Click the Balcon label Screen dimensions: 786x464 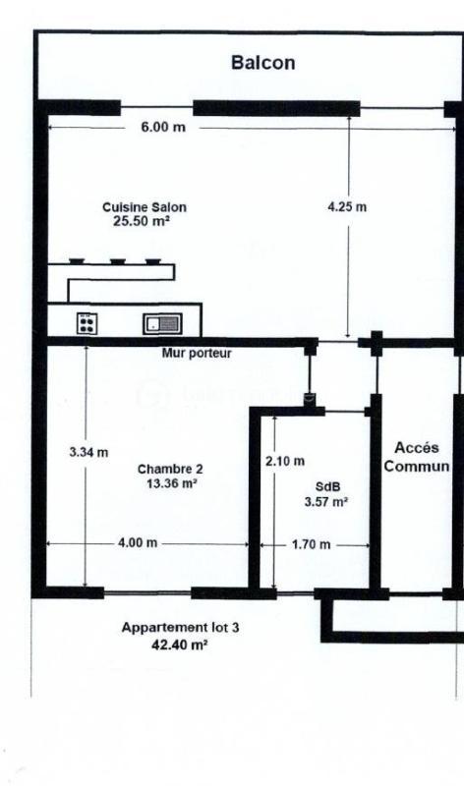(x=262, y=63)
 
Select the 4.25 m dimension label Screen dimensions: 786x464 (x=347, y=207)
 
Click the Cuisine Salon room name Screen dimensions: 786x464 (x=144, y=207)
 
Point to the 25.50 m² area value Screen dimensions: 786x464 (x=144, y=222)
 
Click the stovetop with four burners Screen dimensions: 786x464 (x=87, y=322)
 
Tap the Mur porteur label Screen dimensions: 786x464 (x=197, y=354)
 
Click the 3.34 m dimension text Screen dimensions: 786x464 (x=88, y=453)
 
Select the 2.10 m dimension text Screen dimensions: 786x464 (x=285, y=461)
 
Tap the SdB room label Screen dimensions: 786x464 (x=325, y=486)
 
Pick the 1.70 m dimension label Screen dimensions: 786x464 (x=312, y=544)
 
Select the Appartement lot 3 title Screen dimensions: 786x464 (x=180, y=628)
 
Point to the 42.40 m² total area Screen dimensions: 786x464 (x=180, y=646)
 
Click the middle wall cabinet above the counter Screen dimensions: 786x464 (x=117, y=261)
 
